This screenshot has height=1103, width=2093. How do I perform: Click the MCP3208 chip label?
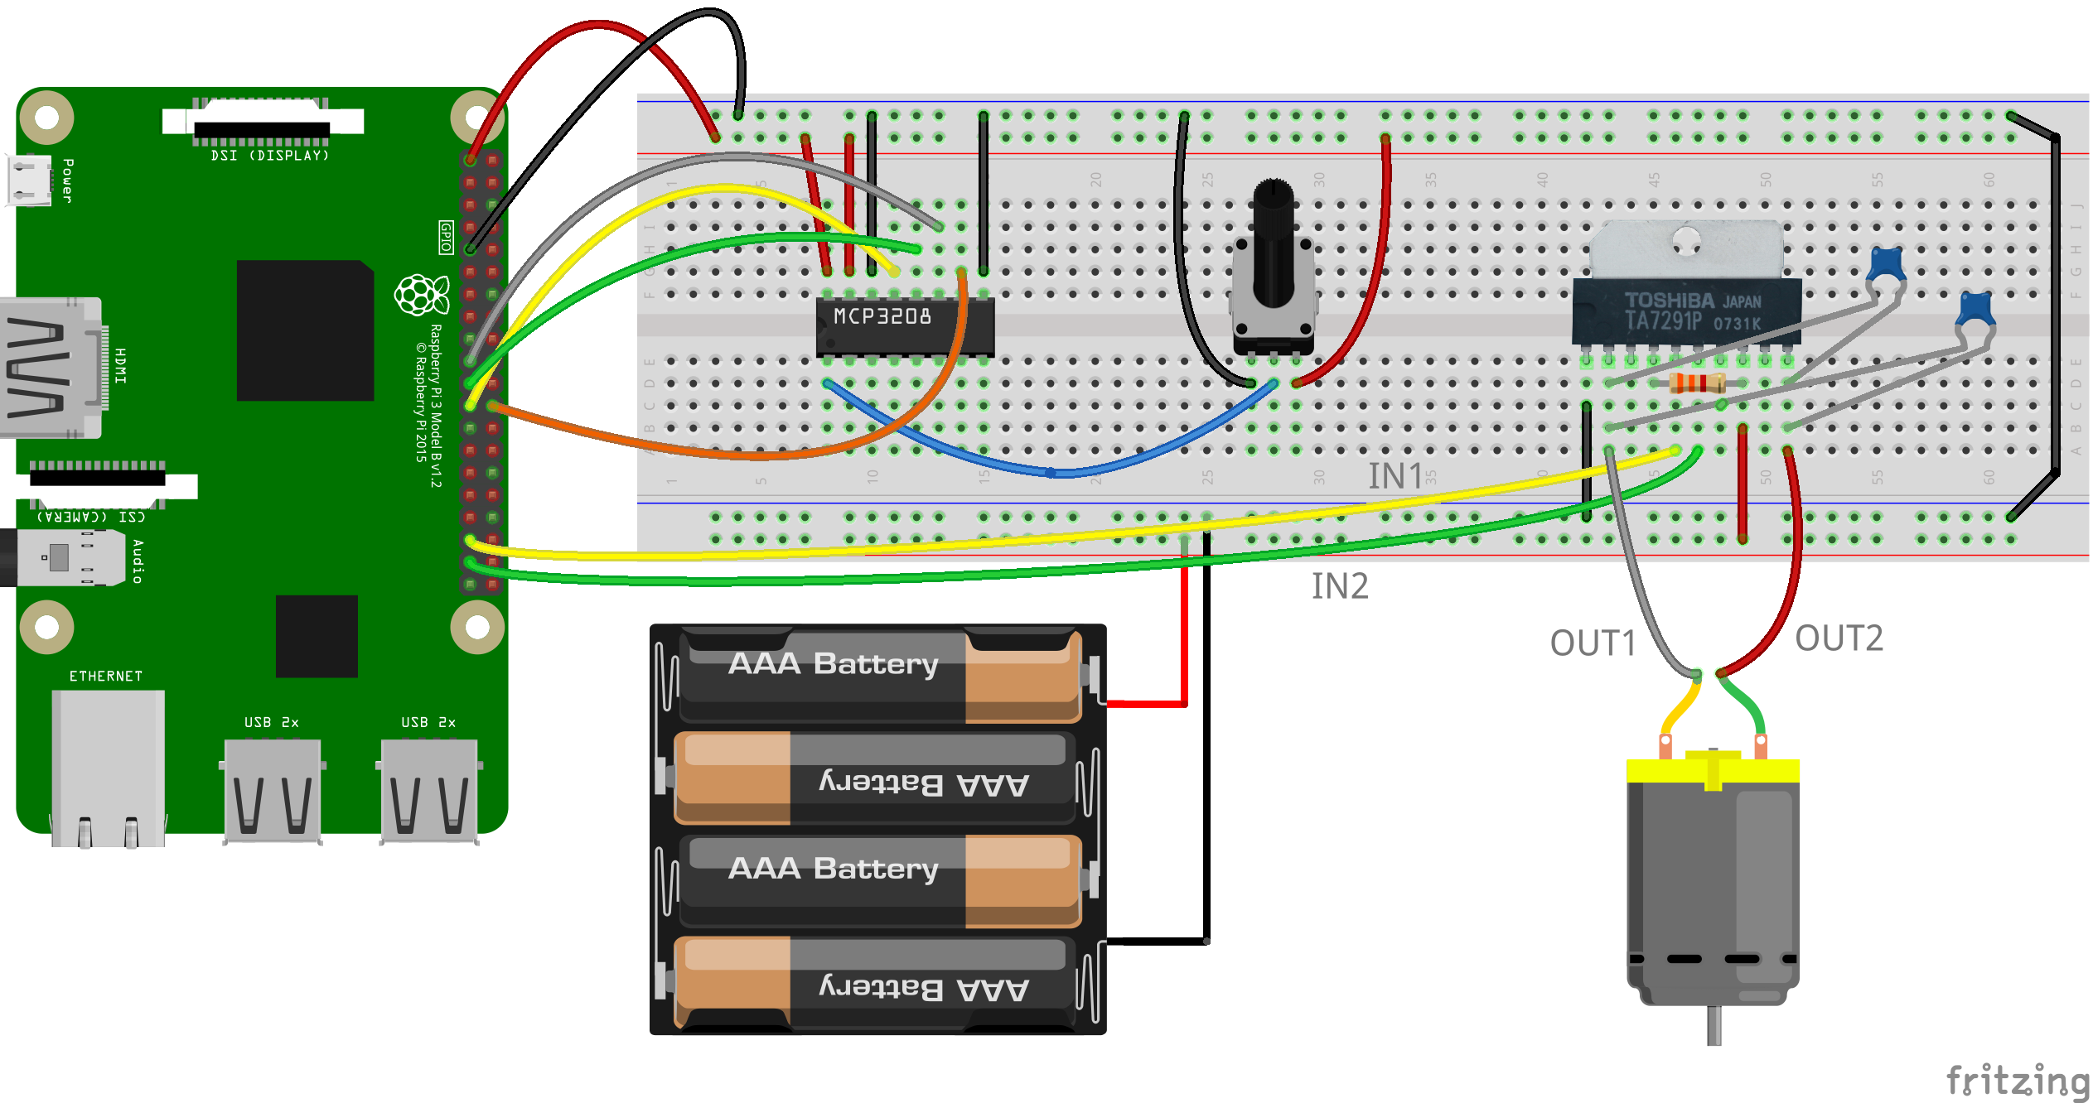(882, 316)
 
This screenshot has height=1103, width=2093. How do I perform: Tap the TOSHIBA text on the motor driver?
(1668, 301)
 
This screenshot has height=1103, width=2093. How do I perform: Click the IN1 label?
(1395, 476)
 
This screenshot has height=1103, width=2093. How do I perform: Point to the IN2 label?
(1340, 586)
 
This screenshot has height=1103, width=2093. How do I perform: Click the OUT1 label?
(1593, 643)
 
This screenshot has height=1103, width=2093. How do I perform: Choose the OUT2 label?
(1839, 638)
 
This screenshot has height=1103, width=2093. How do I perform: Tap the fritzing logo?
(2017, 1081)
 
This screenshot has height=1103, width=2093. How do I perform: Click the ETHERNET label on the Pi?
(106, 677)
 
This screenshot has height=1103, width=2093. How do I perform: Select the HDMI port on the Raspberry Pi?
(50, 368)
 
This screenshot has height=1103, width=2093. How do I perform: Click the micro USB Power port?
(28, 180)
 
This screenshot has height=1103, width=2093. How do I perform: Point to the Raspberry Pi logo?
(421, 295)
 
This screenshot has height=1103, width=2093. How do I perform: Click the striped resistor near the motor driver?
(1697, 383)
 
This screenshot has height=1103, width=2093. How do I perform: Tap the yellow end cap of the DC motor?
(1713, 770)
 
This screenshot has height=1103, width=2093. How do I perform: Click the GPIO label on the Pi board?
(446, 237)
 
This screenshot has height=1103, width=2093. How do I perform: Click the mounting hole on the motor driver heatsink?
(1686, 243)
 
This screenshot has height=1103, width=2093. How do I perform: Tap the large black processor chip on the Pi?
(305, 330)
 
